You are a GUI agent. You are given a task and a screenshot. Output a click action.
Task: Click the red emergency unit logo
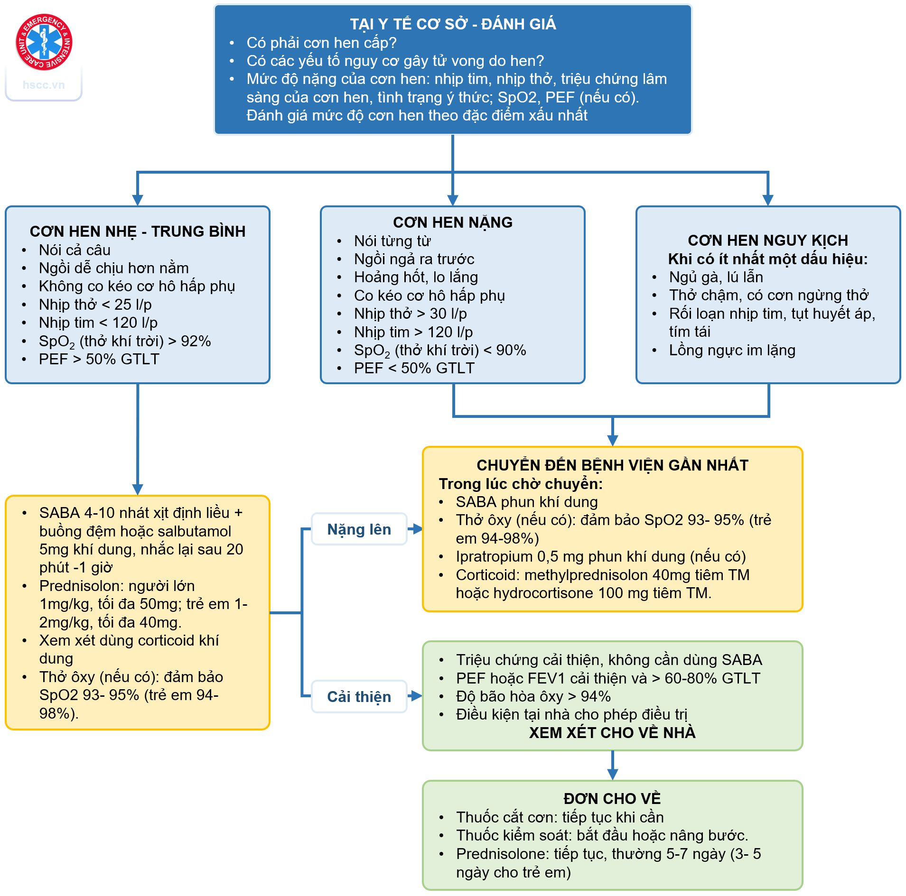click(x=44, y=42)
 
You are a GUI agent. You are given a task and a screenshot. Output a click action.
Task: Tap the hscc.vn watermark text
click(x=44, y=85)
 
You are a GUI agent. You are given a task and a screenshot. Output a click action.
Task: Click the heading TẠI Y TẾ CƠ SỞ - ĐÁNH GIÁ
click(x=453, y=24)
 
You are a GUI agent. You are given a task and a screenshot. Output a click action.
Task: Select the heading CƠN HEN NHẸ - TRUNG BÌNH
click(x=138, y=231)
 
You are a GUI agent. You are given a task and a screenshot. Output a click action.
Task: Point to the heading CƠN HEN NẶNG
click(x=453, y=222)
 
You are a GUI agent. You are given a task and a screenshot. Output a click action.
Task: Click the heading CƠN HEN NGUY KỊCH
click(x=768, y=240)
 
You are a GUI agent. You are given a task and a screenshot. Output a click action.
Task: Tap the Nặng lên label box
click(x=359, y=529)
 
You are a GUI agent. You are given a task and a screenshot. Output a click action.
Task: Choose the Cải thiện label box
click(x=359, y=697)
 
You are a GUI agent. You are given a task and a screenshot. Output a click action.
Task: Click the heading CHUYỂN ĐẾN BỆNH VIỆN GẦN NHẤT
click(x=612, y=465)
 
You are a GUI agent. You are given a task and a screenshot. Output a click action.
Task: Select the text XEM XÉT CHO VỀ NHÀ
click(x=612, y=733)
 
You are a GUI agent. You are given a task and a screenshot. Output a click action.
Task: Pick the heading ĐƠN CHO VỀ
click(x=612, y=799)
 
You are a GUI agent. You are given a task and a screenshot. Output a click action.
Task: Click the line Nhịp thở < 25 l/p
click(x=95, y=305)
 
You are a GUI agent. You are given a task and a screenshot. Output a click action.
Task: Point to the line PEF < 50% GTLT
click(x=414, y=368)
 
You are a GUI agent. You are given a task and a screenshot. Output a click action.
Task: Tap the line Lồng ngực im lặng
click(x=732, y=350)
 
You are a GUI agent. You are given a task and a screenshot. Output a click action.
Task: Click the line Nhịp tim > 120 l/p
click(x=413, y=332)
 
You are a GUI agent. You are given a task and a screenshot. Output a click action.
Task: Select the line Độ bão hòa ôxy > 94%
click(x=533, y=696)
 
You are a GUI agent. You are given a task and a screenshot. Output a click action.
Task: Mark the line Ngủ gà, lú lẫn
click(x=716, y=277)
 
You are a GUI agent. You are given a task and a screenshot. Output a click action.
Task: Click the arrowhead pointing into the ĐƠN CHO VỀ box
click(x=613, y=775)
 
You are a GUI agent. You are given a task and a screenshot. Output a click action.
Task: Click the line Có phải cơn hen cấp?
click(x=321, y=43)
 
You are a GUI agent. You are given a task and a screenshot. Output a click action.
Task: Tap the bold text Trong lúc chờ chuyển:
click(x=521, y=484)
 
